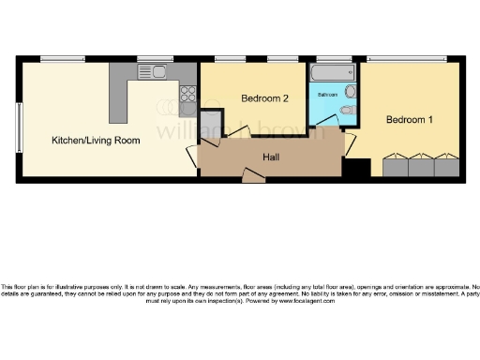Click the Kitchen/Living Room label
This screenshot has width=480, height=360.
tap(96, 141)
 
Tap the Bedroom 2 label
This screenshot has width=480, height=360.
tap(264, 98)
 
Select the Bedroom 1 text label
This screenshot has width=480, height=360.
tap(410, 120)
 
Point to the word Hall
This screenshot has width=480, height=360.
tap(271, 157)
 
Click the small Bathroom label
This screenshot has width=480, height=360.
tap(327, 96)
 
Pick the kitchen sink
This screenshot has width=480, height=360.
tap(155, 71)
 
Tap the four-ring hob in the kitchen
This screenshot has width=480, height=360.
tap(187, 94)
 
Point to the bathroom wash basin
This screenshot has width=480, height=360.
tap(350, 91)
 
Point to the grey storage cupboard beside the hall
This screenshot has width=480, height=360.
tap(212, 125)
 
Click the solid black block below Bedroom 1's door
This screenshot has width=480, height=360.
tap(356, 170)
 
